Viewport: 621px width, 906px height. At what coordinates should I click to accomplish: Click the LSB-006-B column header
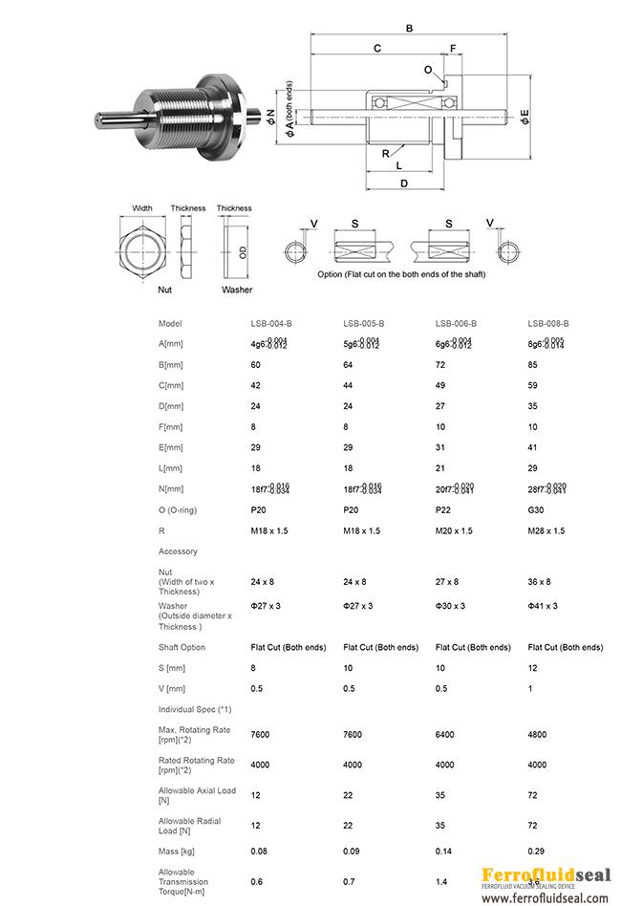pos(456,324)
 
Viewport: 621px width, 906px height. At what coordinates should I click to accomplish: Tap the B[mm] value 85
pos(533,364)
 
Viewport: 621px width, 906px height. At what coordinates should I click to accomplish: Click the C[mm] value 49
pos(440,385)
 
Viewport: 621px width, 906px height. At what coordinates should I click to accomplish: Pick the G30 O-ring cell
pos(536,509)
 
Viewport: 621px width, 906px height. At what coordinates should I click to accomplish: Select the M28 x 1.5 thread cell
pos(546,530)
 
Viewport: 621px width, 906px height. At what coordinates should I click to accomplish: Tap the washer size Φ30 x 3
pos(450,606)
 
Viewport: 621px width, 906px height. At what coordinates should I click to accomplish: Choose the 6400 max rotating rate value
pos(445,734)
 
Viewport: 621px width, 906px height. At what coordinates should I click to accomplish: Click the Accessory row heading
pos(178,551)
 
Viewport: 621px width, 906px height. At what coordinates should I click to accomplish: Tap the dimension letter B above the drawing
pos(410,30)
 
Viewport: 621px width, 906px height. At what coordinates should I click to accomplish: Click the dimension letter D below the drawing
pos(404,183)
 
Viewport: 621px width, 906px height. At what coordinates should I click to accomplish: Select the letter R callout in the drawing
pos(385,153)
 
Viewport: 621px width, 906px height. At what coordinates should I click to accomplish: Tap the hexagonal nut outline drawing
pos(142,248)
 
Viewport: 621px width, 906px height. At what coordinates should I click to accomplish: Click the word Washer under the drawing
pos(236,288)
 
